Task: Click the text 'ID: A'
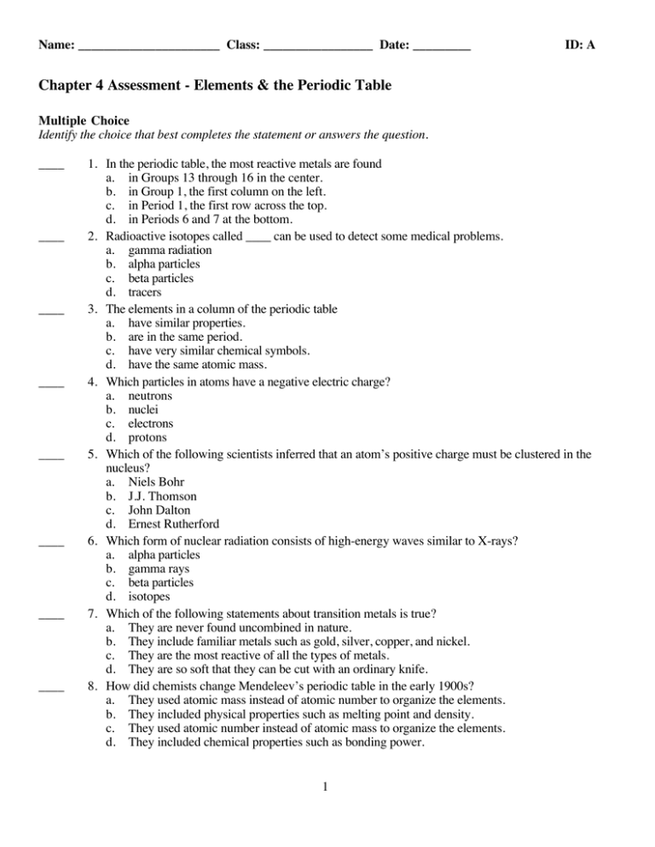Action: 579,43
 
